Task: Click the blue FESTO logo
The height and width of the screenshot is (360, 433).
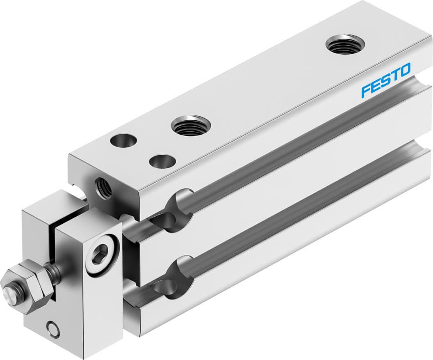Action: click(x=385, y=80)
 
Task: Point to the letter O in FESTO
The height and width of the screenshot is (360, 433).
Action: click(x=404, y=70)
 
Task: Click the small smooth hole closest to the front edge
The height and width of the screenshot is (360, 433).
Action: click(x=162, y=161)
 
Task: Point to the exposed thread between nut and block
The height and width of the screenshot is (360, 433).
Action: click(x=53, y=272)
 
